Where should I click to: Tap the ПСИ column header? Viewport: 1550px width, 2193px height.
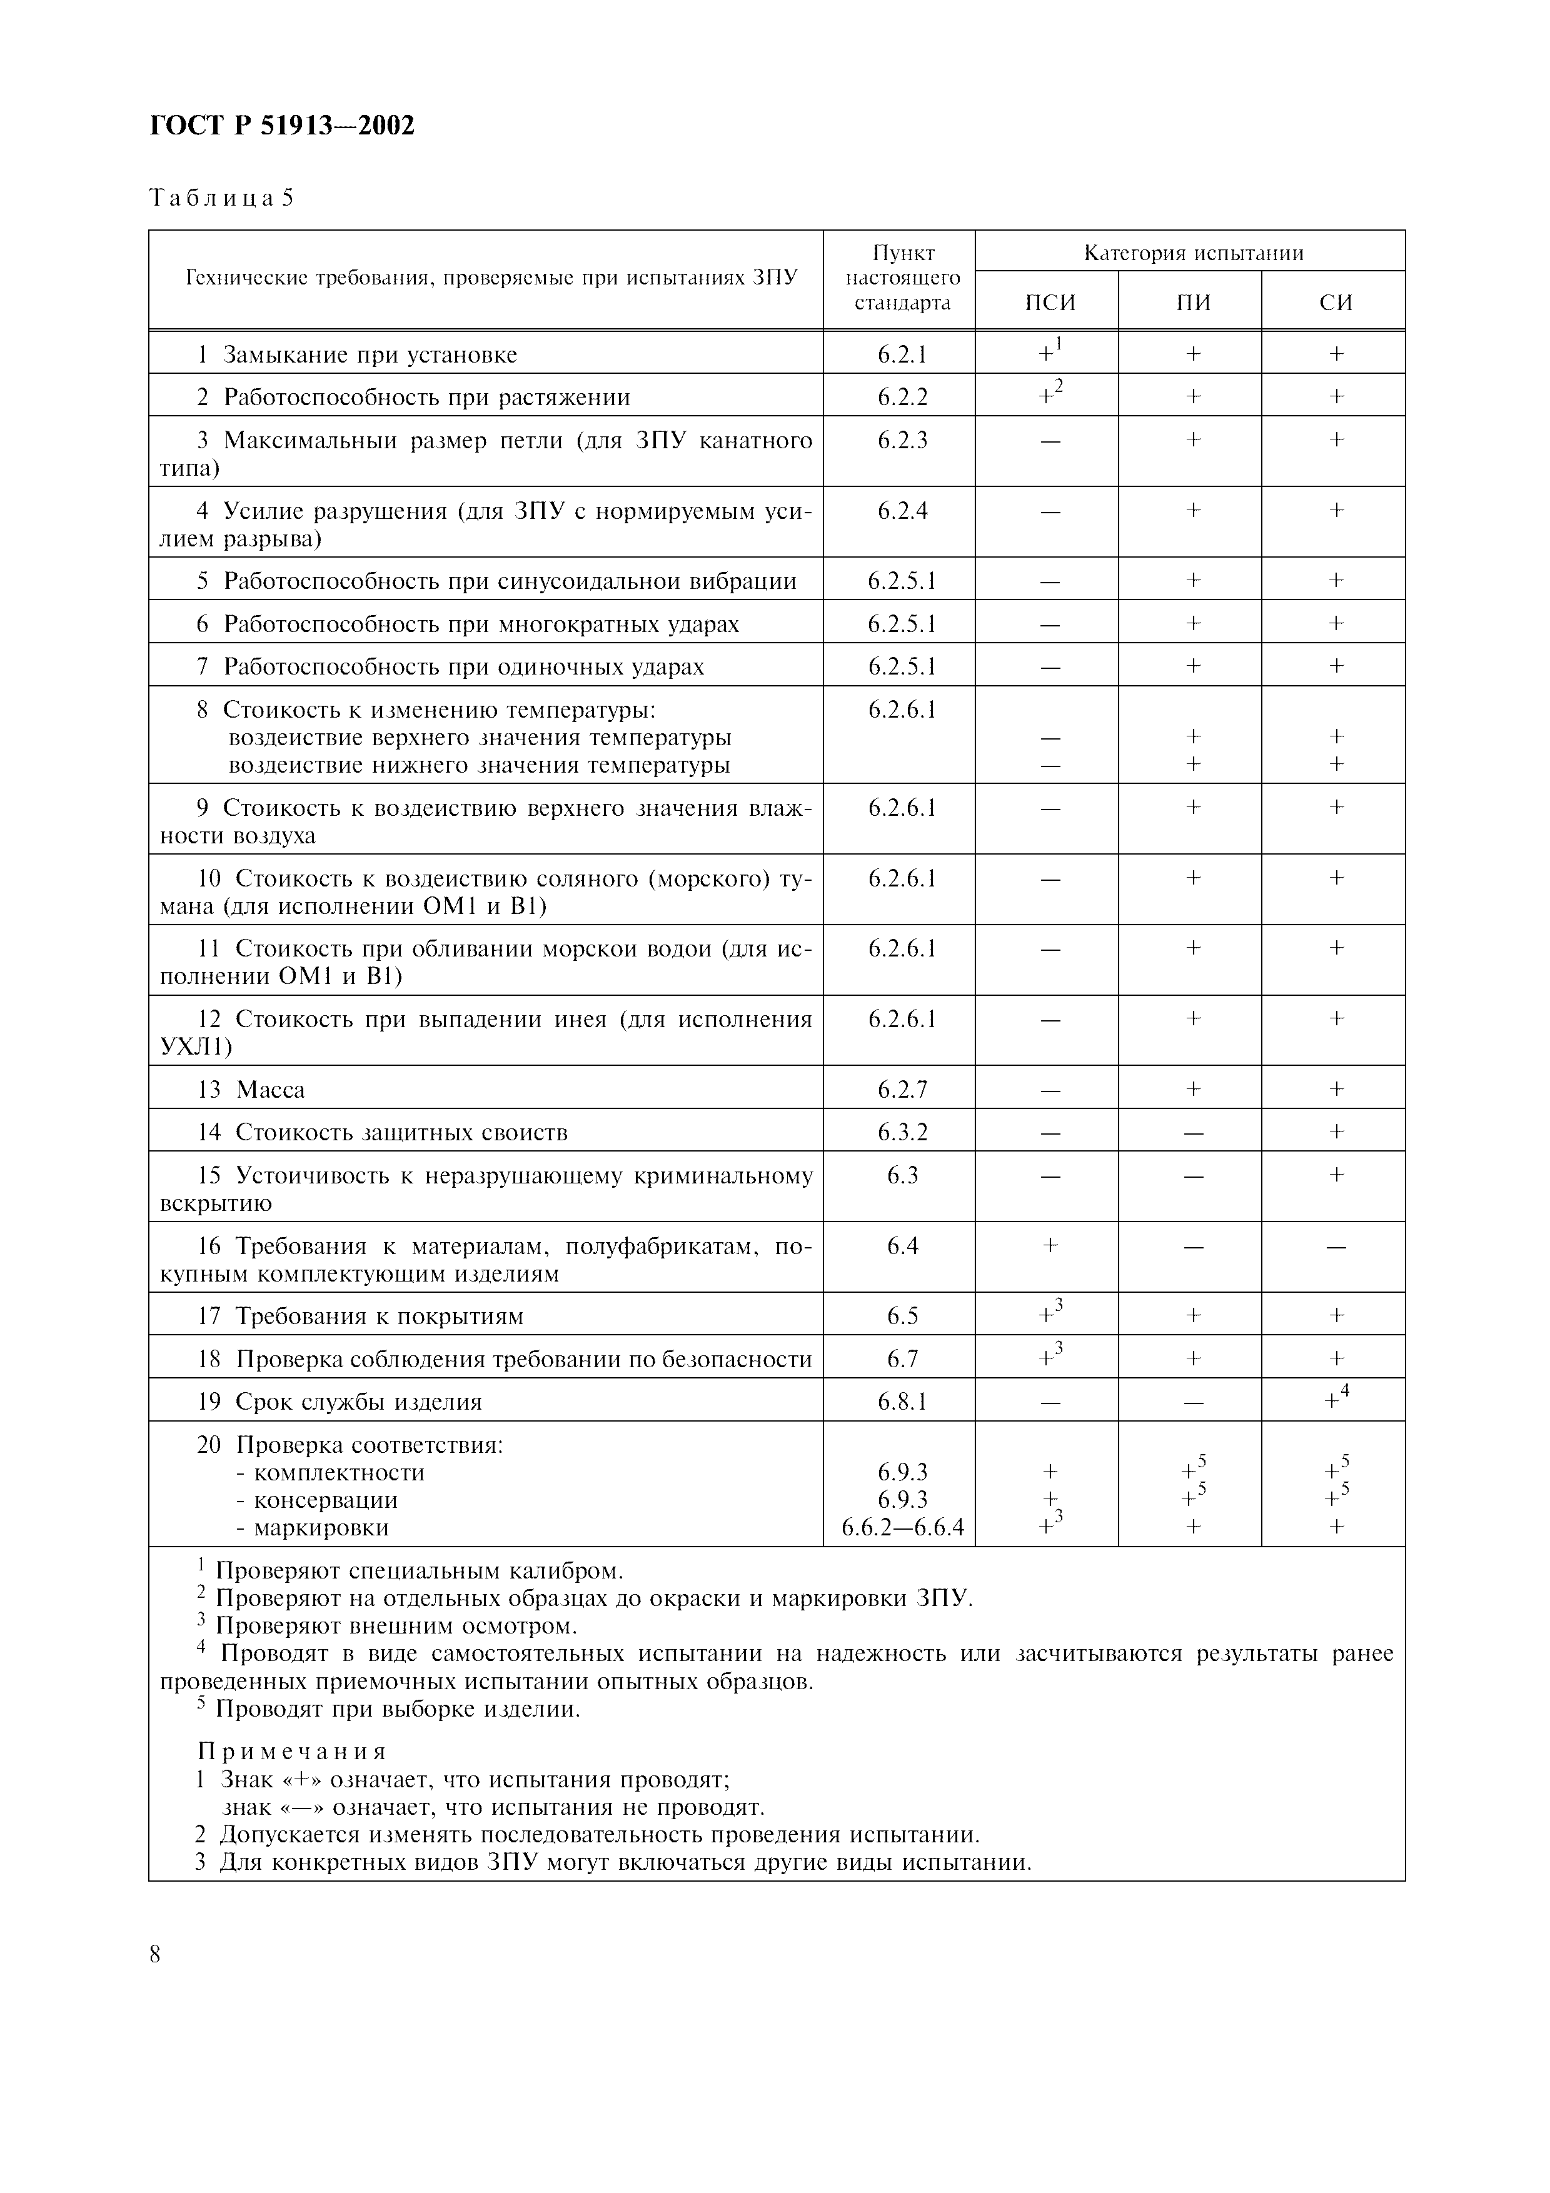click(x=1050, y=303)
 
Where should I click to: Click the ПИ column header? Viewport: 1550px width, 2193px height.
click(x=1193, y=303)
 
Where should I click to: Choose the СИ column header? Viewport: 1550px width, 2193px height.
click(x=1335, y=303)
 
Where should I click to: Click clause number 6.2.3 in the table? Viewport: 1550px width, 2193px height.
click(x=902, y=440)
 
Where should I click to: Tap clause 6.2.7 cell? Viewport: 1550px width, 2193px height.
click(x=902, y=1090)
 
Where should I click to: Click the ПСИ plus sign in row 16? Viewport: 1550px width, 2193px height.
click(x=1050, y=1245)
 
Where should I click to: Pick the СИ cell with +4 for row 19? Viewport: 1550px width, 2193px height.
click(x=1335, y=1400)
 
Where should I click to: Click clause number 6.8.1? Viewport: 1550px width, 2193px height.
click(x=902, y=1401)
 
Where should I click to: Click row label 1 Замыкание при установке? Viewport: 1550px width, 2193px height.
click(x=357, y=355)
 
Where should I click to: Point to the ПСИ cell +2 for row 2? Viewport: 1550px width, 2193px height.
click(x=1050, y=396)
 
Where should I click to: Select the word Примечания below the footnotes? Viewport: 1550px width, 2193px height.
click(x=292, y=1752)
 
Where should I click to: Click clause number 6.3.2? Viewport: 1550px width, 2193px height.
click(x=902, y=1133)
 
